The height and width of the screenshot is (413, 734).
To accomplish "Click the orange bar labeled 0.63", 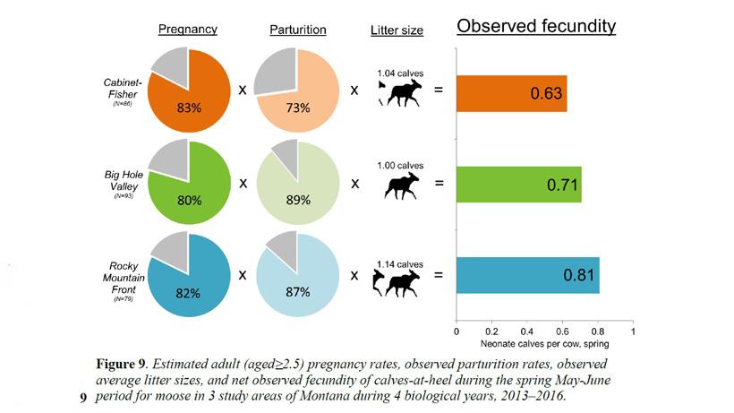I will pyautogui.click(x=511, y=94).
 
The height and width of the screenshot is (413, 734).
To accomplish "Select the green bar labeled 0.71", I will pyautogui.click(x=518, y=185).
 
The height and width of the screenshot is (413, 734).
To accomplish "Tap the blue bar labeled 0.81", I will pyautogui.click(x=527, y=275).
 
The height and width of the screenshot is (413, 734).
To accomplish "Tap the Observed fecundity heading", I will pyautogui.click(x=536, y=26).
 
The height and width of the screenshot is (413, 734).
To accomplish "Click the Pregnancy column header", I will pyautogui.click(x=187, y=30).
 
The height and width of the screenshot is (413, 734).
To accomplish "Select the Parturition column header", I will pyautogui.click(x=297, y=30).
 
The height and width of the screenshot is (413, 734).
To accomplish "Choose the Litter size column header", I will pyautogui.click(x=397, y=30).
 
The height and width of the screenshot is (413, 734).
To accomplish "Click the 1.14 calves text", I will pyautogui.click(x=398, y=263).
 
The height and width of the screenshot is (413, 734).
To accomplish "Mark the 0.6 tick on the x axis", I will pyautogui.click(x=562, y=331).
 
